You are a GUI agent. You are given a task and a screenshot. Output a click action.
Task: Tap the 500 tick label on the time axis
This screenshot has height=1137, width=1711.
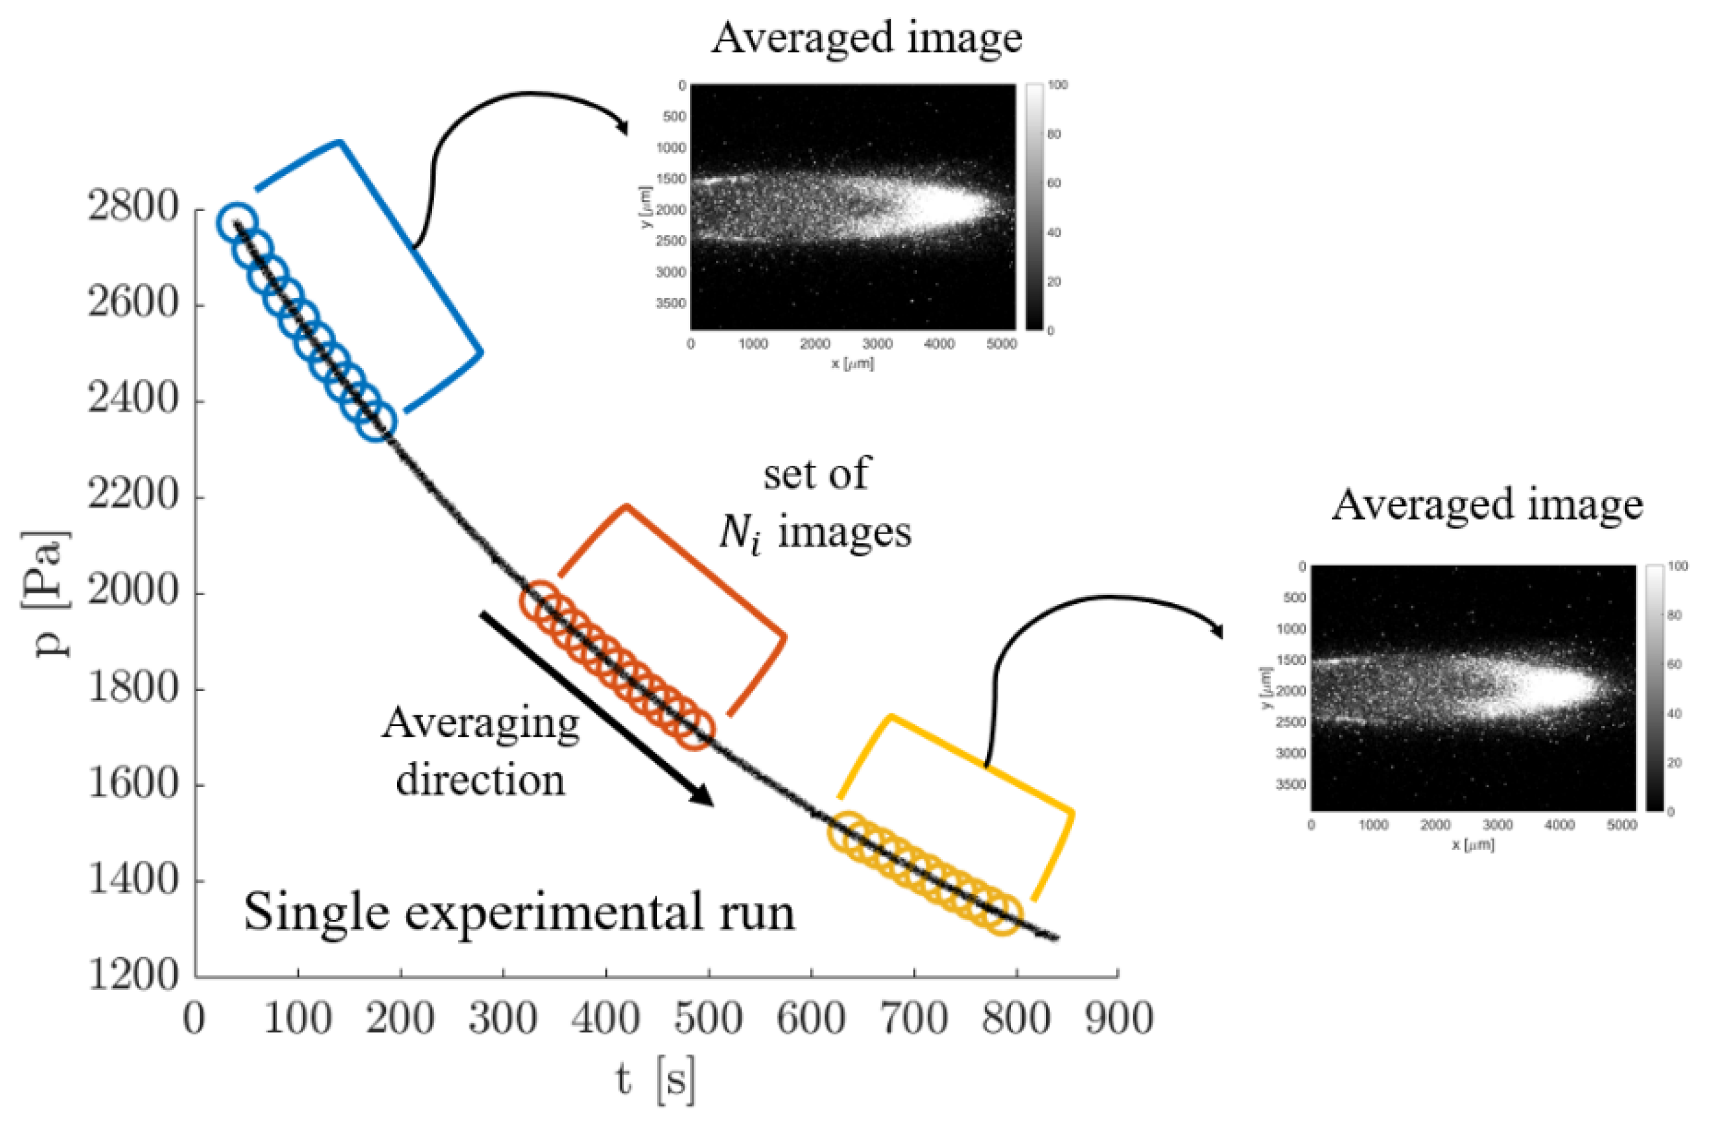[x=709, y=1018]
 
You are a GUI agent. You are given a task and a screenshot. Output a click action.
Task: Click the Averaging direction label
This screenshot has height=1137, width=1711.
[x=480, y=751]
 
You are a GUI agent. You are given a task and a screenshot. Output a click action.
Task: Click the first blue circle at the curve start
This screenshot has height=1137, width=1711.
[x=236, y=222]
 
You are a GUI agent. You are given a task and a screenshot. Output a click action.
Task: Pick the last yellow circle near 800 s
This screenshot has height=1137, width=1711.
[x=1002, y=915]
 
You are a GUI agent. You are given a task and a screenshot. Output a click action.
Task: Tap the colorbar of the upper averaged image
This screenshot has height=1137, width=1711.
[x=1035, y=207]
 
